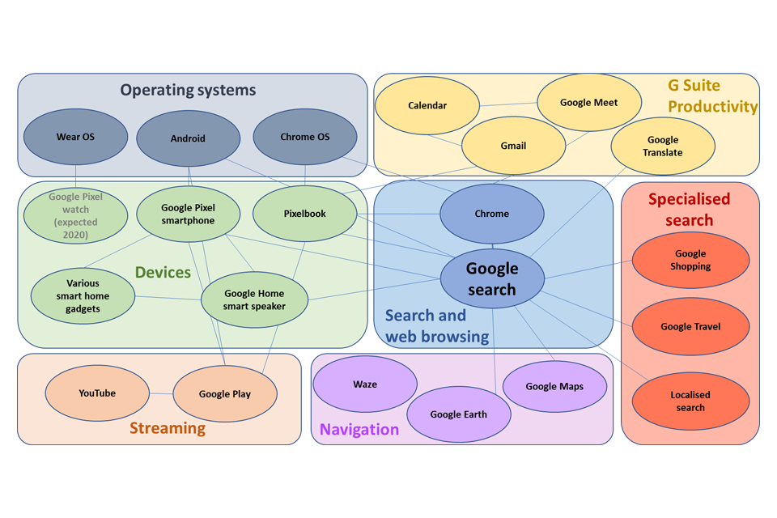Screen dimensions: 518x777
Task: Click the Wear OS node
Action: (75, 137)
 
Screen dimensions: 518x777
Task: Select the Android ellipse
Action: (188, 138)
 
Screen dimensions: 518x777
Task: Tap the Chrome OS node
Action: (305, 137)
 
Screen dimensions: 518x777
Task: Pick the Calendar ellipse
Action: (427, 106)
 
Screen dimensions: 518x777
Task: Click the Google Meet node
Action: (589, 103)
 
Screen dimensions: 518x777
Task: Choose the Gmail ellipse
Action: (513, 146)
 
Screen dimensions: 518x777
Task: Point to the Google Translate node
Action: (663, 146)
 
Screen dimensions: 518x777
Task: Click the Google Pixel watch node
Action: (75, 215)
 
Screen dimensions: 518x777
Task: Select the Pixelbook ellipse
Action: (305, 214)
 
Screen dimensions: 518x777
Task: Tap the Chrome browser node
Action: (492, 214)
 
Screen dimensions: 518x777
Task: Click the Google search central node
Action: (492, 279)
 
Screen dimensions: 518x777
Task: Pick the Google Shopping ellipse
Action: (690, 260)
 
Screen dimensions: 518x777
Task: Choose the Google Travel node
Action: (690, 327)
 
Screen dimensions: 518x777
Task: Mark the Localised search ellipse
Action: (690, 401)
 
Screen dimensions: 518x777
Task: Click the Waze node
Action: (365, 384)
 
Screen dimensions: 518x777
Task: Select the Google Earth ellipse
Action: (459, 414)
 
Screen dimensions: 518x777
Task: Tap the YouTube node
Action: (97, 393)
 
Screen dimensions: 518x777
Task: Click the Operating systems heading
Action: (188, 90)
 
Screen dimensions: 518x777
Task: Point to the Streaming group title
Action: (168, 428)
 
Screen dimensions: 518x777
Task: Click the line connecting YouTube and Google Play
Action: (161, 394)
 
